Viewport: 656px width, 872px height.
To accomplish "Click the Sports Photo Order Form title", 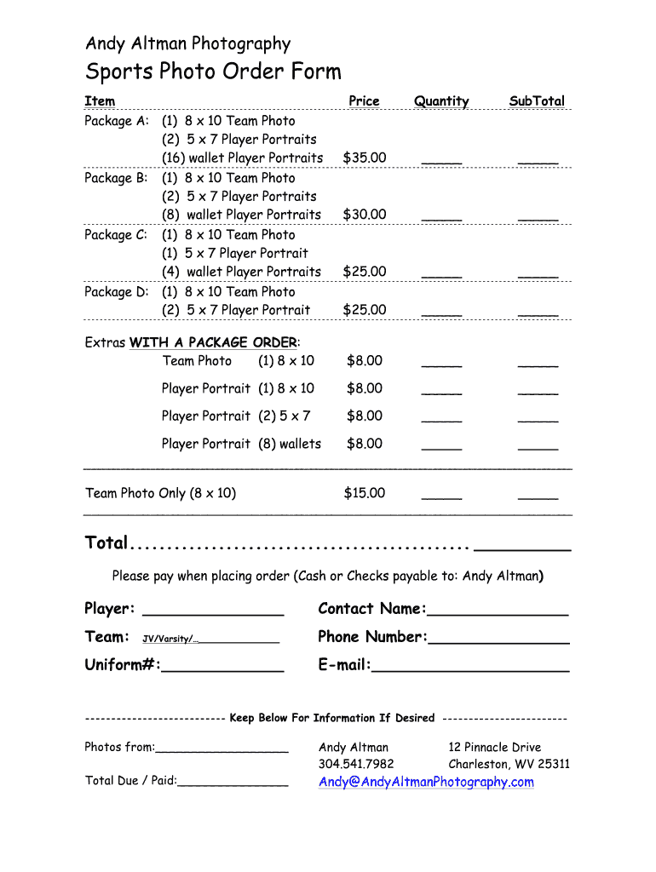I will (x=213, y=72).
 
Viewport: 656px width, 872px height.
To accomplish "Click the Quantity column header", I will (x=441, y=101).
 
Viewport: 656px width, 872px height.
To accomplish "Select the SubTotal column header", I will (x=537, y=101).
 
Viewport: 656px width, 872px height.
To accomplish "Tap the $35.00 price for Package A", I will (x=365, y=158).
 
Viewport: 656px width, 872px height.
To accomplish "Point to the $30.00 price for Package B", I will (x=365, y=215).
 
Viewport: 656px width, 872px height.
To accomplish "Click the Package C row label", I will (x=116, y=234).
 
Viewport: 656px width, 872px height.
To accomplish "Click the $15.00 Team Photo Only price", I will (x=365, y=493).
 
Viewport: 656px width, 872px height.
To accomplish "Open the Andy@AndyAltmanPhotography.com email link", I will (x=426, y=782).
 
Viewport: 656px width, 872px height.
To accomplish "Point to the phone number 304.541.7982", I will (x=356, y=764).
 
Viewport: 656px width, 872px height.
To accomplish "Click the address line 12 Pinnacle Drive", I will (x=495, y=747).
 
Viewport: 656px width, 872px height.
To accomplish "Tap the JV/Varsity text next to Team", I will (x=169, y=639).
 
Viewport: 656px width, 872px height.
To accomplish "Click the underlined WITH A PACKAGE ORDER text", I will (x=213, y=342).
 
